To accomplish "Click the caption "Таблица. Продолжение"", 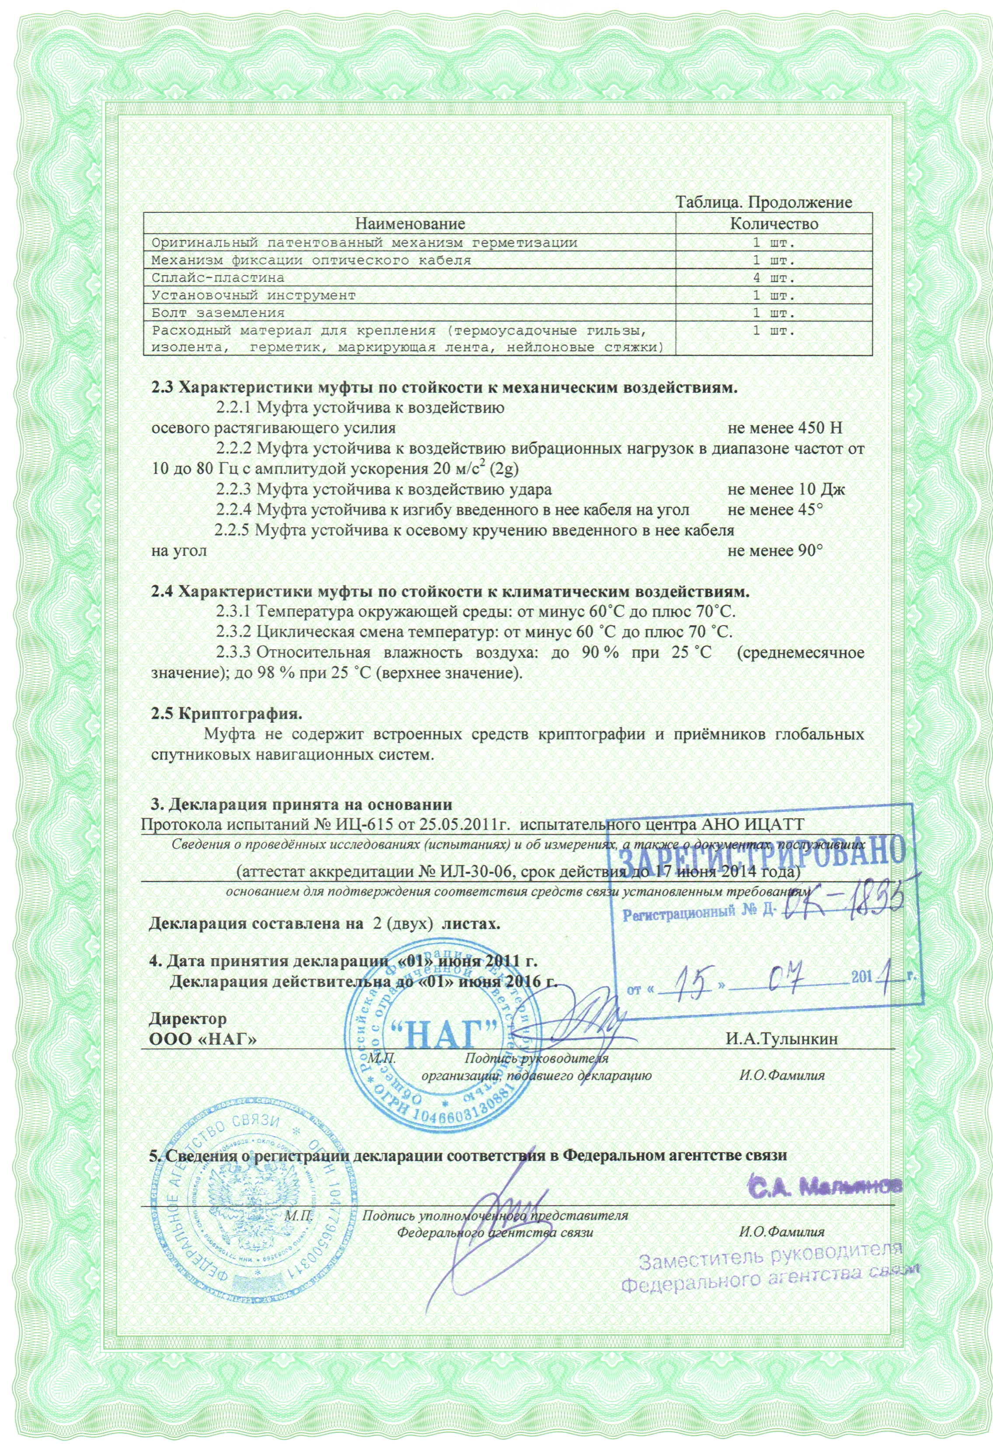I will pyautogui.click(x=764, y=203).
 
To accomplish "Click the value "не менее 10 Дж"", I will pyautogui.click(x=786, y=489).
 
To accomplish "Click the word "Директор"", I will pyautogui.click(x=188, y=1019).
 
